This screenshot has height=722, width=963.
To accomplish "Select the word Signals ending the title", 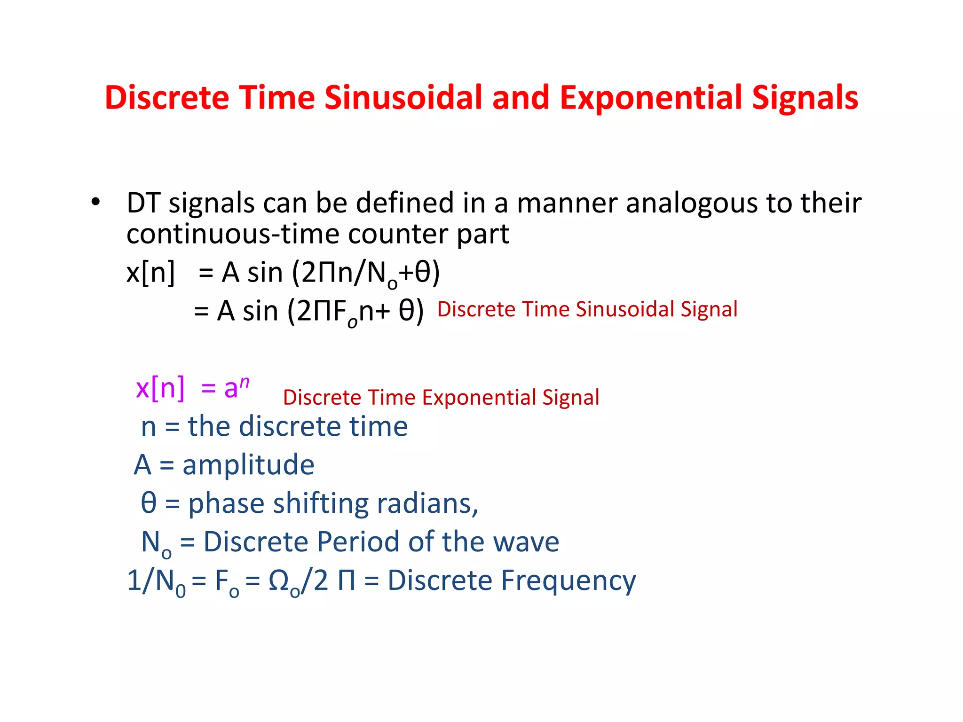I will tap(805, 98).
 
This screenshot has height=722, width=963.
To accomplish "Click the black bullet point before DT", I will tap(96, 202).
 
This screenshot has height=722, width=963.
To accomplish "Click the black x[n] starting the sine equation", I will tap(150, 272).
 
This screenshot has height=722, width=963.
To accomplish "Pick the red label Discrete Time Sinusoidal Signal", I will tap(587, 309).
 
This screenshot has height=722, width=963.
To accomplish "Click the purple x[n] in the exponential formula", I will tap(160, 388).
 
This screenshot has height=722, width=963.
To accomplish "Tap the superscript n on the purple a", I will tap(244, 382).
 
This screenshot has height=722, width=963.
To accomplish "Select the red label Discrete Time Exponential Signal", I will tap(441, 398).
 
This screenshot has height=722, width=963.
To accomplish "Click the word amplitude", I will tap(248, 465).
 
